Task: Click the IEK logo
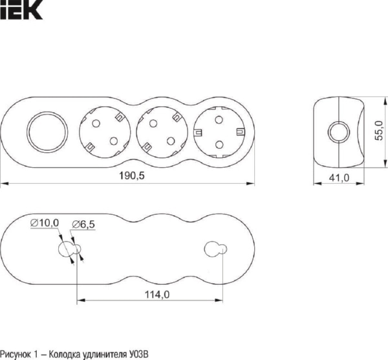(21, 10)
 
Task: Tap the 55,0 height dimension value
(378, 131)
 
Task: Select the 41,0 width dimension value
(339, 177)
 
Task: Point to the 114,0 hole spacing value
(157, 295)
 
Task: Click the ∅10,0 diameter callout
(45, 223)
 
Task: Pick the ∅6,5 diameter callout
(83, 225)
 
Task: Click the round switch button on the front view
(47, 132)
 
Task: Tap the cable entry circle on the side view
(339, 132)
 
